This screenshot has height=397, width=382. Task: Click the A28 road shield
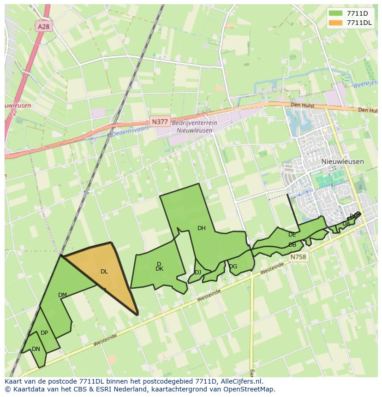pos(43,27)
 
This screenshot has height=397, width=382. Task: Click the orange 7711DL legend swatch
pos(336,23)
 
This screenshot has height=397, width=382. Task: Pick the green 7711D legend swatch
pos(336,13)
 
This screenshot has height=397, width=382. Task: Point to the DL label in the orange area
pos(104,272)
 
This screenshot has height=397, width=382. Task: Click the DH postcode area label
pos(202,228)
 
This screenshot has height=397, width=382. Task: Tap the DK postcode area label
pos(159,269)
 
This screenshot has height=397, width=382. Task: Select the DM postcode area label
pos(62,295)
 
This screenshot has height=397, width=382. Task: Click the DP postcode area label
pos(44,333)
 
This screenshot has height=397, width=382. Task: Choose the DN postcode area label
pos(36,349)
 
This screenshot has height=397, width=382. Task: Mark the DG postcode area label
pos(233,267)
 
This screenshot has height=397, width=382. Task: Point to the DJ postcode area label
pos(198,273)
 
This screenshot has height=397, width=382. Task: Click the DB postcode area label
pos(292,245)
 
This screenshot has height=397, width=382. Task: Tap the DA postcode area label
pos(346,224)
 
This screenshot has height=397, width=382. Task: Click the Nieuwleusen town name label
pos(342,162)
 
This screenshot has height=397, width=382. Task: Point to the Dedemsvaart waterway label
pos(131,130)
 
